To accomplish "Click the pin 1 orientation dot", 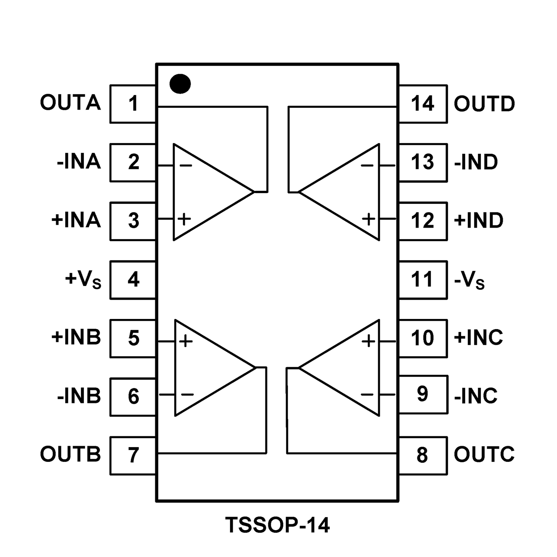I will coord(180,83).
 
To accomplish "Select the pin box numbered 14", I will coord(423,104).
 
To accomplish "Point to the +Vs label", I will coord(83,279).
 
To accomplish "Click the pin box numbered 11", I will coord(423,279).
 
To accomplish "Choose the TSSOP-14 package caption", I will coord(278,525).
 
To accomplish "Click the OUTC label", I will coord(484,454).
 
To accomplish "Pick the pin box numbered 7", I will coord(133,455).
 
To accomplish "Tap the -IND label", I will coord(476,162).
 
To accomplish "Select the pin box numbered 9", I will coord(423,394).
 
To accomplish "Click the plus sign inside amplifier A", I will coord(184,219).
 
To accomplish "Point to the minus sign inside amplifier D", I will coord(367,166).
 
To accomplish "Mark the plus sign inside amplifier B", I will coord(186,341).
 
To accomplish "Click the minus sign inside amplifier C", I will coord(367,394).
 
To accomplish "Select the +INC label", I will coord(478,337).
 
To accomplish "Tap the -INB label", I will coord(79,396).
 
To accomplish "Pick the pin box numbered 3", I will coord(133,221).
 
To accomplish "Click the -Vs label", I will coord(469,280).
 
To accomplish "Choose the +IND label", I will coord(479,221).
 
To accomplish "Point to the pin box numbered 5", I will coord(133,338).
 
